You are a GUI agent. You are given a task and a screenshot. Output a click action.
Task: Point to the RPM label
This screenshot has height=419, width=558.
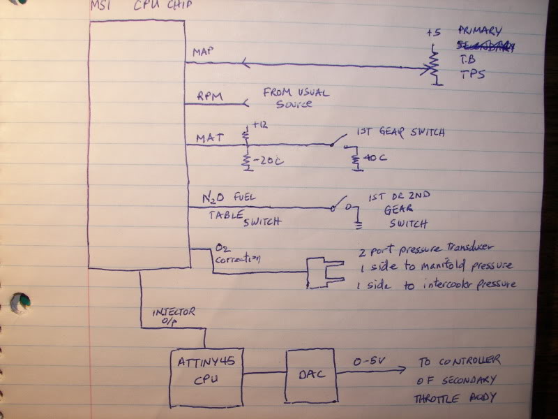(209, 96)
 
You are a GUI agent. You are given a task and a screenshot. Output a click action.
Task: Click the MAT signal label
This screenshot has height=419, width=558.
(211, 139)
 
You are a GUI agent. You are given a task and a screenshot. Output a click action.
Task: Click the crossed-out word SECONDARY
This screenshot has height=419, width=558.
(486, 47)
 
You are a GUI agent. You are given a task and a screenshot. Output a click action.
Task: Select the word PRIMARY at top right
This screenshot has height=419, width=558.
(486, 32)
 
